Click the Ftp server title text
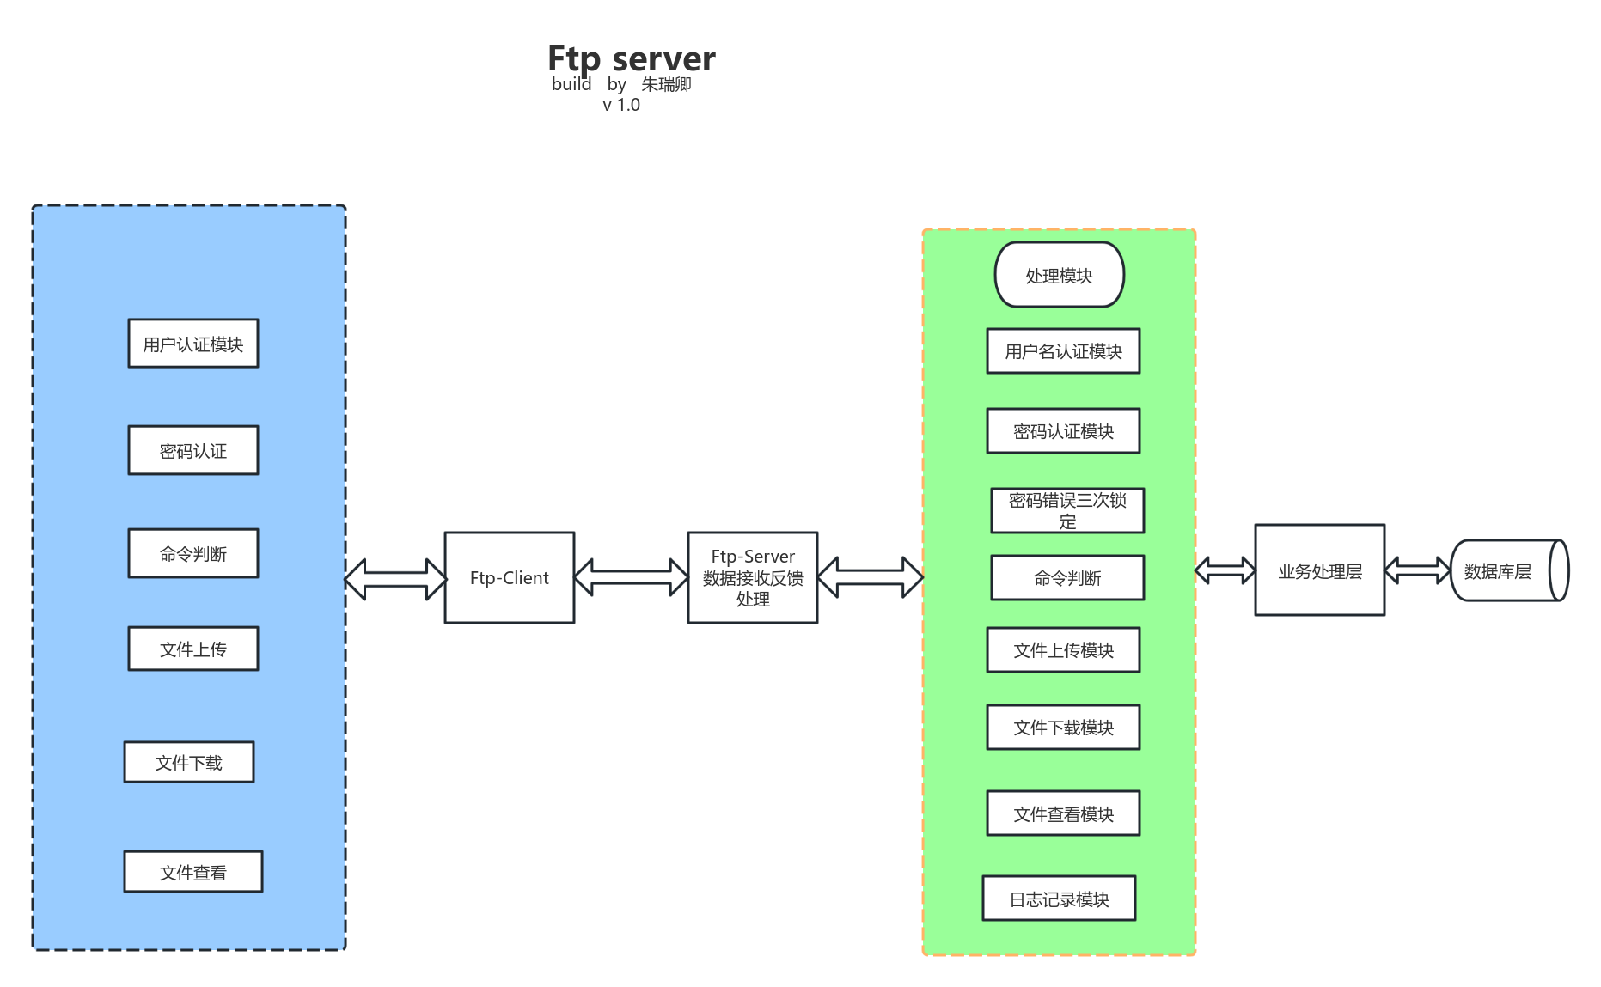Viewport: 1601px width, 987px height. click(631, 58)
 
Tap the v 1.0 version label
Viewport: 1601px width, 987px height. click(620, 105)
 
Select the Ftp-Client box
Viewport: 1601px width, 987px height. click(509, 577)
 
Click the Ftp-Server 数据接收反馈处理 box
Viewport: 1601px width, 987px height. click(752, 577)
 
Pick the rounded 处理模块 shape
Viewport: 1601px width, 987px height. click(1059, 275)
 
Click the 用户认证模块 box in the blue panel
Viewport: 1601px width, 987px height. click(192, 344)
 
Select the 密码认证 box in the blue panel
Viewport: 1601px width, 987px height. click(192, 450)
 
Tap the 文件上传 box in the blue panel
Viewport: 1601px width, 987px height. click(192, 649)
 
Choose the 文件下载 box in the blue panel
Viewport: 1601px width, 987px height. click(188, 762)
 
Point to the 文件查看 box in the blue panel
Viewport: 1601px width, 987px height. click(192, 872)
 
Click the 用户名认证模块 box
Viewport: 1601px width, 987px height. click(1063, 350)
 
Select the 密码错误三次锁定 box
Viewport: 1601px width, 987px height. click(1067, 510)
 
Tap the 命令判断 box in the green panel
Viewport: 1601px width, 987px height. click(1067, 577)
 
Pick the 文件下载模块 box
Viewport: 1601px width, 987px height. click(1063, 727)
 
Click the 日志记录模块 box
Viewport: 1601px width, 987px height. click(1059, 899)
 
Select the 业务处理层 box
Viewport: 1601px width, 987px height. click(1319, 570)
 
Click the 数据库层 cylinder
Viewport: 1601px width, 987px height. click(1508, 570)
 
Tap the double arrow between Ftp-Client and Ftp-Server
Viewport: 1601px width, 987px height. click(631, 577)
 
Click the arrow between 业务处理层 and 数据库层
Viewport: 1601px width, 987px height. click(1417, 570)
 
